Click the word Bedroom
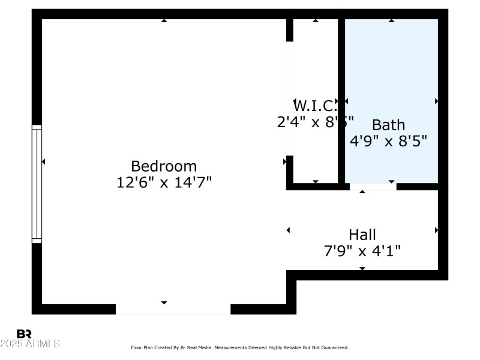pos(164,166)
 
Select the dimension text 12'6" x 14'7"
pos(164,182)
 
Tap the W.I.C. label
pos(314,106)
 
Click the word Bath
pos(388,125)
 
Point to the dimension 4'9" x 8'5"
pos(388,142)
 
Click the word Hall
pos(362,235)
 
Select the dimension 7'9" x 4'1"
pos(362,251)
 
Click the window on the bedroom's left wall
pos(37,184)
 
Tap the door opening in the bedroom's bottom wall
pos(173,309)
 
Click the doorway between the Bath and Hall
pos(373,187)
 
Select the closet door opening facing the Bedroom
pos(289,99)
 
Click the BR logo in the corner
pos(24,334)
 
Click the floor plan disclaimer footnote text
pos(239,347)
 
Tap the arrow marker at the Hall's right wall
pos(436,230)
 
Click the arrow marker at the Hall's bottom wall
pos(362,268)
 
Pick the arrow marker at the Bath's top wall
pos(391,21)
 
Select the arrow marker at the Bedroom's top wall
pos(164,21)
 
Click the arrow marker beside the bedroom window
pos(43,161)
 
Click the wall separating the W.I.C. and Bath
pos(341,102)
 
